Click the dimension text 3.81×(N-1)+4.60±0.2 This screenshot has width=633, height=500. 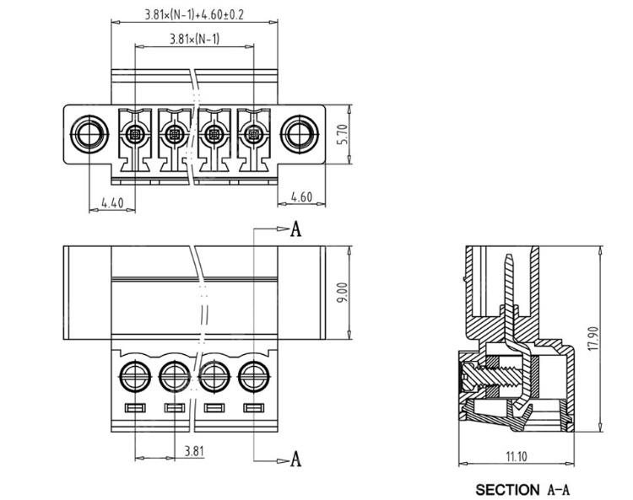[x=195, y=15]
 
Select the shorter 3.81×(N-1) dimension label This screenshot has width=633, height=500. [x=194, y=39]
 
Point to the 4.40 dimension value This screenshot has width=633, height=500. [x=112, y=202]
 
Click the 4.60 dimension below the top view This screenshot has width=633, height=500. [x=301, y=197]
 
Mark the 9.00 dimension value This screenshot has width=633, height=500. [x=342, y=292]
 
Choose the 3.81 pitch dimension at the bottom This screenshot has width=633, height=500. [x=194, y=450]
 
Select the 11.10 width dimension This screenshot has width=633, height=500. [x=516, y=456]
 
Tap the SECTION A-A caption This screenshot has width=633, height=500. [x=522, y=489]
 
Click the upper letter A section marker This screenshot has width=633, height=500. [x=295, y=228]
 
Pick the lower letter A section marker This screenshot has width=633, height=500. [x=295, y=459]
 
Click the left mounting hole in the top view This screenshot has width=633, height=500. [x=89, y=134]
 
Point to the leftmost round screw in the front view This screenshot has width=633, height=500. [x=134, y=374]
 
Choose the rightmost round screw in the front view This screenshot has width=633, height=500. [x=252, y=374]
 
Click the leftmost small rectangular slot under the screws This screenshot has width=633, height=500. [x=134, y=409]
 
